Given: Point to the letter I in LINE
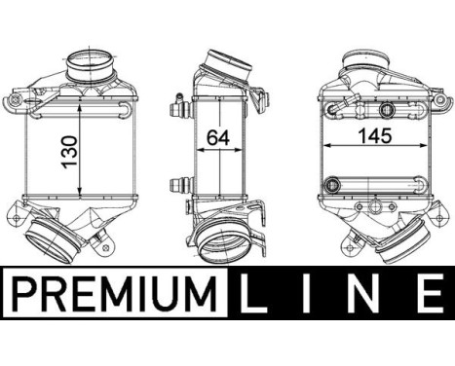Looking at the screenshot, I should [x=315, y=291].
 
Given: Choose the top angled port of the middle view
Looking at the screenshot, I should [x=231, y=63].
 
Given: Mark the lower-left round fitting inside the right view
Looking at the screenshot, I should [x=335, y=183].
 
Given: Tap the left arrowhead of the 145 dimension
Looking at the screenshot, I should [x=325, y=147].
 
